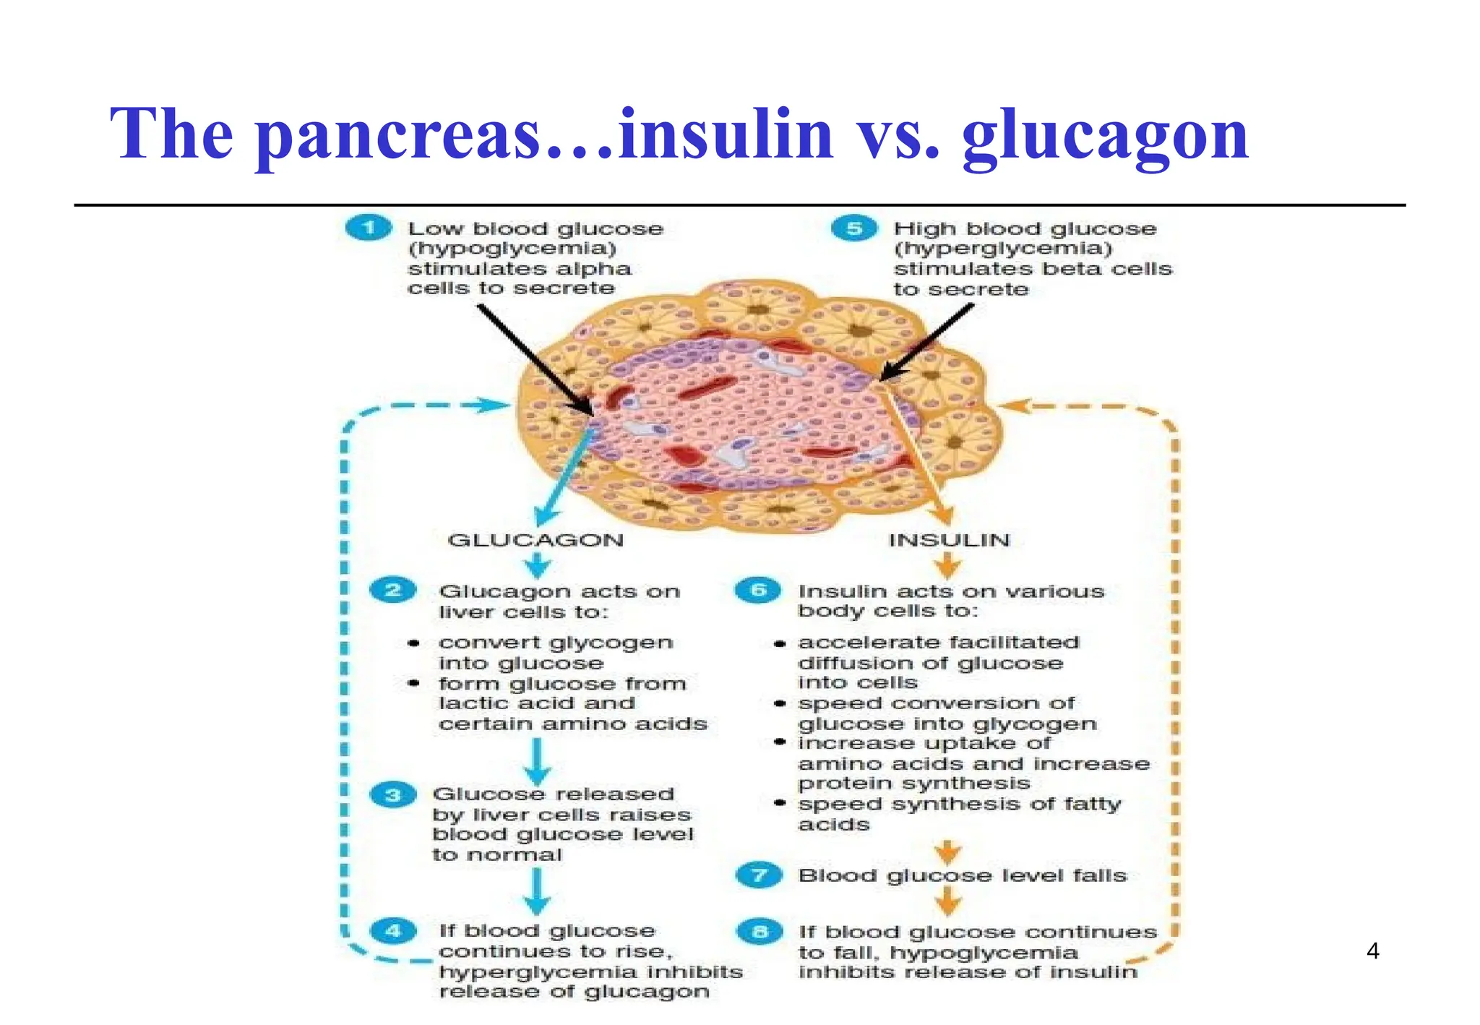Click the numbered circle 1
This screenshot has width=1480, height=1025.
click(369, 228)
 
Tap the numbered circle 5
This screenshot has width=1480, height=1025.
click(854, 228)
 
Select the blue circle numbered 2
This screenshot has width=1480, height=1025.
click(393, 590)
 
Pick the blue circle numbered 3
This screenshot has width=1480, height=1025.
click(393, 795)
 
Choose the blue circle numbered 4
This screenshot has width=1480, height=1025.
click(393, 930)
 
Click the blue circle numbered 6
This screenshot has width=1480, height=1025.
click(757, 590)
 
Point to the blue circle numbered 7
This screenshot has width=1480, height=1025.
click(757, 875)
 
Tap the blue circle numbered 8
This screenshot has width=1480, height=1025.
click(759, 932)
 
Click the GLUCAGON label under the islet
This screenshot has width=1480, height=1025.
click(535, 540)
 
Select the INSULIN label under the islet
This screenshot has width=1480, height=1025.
click(949, 540)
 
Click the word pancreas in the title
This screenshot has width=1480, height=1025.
click(400, 134)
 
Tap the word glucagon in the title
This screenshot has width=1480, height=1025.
click(1105, 134)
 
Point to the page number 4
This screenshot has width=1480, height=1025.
click(1373, 951)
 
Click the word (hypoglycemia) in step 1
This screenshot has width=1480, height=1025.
click(512, 249)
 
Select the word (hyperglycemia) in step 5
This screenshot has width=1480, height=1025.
click(1004, 249)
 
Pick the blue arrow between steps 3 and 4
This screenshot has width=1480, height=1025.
click(536, 893)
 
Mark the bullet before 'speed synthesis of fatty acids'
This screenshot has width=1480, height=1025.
click(780, 804)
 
